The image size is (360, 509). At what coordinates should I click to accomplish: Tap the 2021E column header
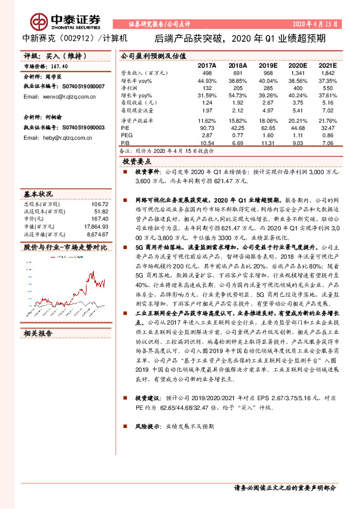coord(327,64)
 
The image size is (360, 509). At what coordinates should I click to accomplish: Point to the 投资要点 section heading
coord(137,161)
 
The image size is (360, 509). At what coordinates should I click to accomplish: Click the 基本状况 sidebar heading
coord(38,195)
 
